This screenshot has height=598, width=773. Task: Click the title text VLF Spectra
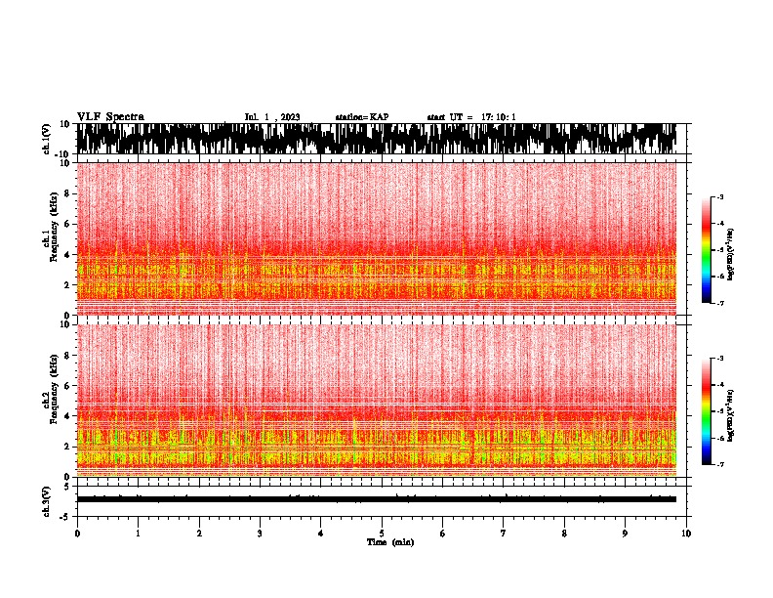click(110, 116)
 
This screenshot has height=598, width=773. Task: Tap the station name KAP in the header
click(380, 117)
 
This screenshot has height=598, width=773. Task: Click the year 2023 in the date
click(290, 117)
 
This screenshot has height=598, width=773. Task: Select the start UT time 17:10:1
click(497, 117)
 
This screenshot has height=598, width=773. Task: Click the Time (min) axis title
click(389, 541)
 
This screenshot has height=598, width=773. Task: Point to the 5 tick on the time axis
click(382, 533)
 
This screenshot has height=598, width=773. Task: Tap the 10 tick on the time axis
click(687, 533)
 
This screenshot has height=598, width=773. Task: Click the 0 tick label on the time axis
click(77, 533)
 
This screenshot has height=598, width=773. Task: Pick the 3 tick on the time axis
click(260, 533)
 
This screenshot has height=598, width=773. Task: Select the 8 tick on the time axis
click(564, 533)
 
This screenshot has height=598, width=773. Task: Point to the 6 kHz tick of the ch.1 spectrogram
click(66, 224)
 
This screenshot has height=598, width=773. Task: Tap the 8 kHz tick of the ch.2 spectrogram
click(66, 355)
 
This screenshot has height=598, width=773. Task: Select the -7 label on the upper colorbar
click(721, 303)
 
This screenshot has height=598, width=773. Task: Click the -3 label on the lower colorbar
click(721, 359)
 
